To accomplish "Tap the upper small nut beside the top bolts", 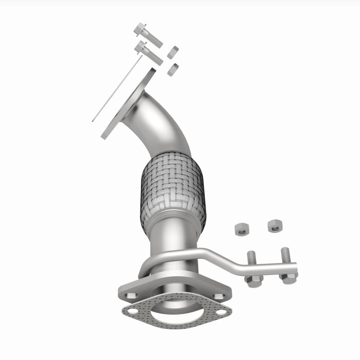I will click(173, 52).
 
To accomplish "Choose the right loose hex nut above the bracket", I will click(274, 226).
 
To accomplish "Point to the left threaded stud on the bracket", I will click(252, 260).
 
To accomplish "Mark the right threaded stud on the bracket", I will click(285, 256).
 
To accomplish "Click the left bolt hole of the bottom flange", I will click(132, 296).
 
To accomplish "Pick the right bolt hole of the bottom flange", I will click(219, 296).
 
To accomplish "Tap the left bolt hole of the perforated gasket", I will click(132, 310).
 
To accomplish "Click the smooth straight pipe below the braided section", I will click(173, 241).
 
